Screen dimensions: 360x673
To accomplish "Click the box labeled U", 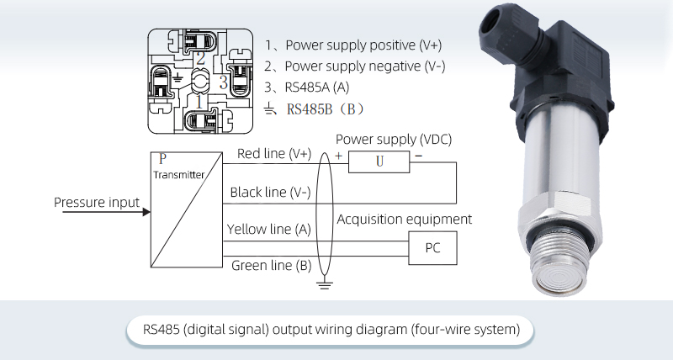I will [379, 161].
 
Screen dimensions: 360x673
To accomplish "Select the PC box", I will [432, 248].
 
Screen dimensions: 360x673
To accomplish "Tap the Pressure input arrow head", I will [144, 203].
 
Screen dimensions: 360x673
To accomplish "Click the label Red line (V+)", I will [274, 154].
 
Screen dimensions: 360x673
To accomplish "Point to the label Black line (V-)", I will [270, 193].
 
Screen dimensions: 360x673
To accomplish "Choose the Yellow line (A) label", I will [268, 229].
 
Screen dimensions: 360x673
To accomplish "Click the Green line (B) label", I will [270, 265].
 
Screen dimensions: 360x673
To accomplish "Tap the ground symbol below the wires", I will [322, 286].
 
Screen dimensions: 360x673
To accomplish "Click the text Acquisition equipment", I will [405, 220].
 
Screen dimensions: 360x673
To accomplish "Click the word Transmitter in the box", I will [178, 174].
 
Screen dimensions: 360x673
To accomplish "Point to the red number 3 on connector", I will [223, 82].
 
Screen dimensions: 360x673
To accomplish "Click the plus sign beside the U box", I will [338, 156].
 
